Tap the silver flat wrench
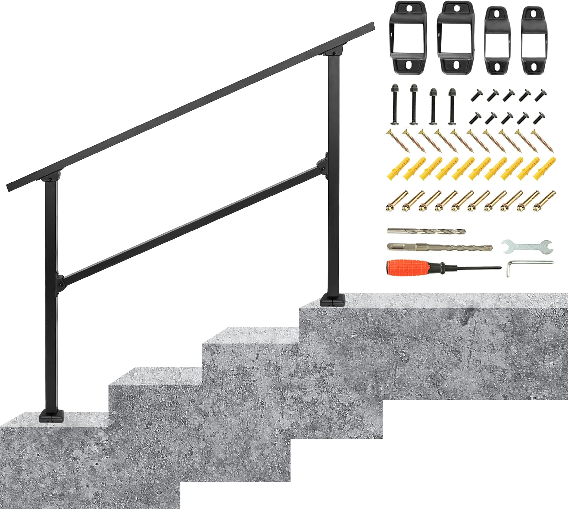(x=527, y=247)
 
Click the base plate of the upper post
(x=333, y=300)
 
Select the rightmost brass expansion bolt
(x=545, y=202)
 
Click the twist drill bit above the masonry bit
(x=426, y=231)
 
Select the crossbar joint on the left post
(x=60, y=280)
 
